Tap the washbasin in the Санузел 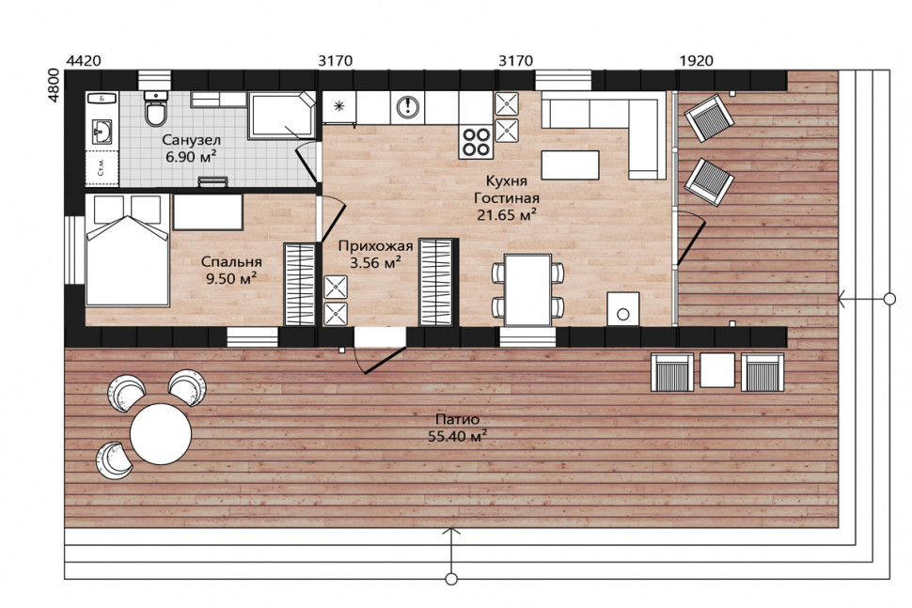pos(102,132)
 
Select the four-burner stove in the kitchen pos(476,143)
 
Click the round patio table pos(161,433)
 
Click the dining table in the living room pos(527,289)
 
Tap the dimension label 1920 pos(696,61)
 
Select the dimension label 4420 pos(85,61)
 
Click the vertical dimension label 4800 pos(54,86)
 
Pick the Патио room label pos(457,419)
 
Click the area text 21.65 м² pos(507,215)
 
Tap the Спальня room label pos(231,261)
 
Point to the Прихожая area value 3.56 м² pos(376,263)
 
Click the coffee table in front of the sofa pos(570,165)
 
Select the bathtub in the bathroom pos(282,115)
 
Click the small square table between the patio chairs pos(717,370)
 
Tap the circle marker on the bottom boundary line pos(450,579)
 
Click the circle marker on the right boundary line pos(889,299)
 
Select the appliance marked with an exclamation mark pos(408,106)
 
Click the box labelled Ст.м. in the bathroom pos(102,168)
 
